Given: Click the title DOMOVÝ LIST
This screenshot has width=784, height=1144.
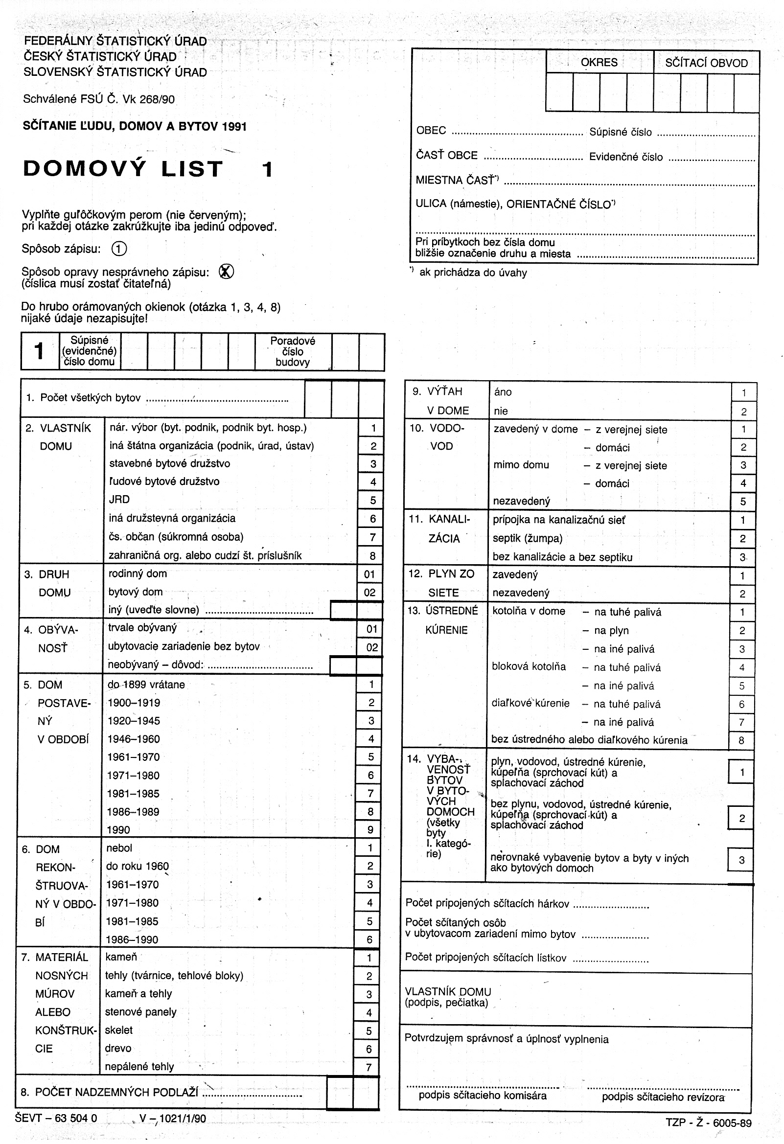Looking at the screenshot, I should coord(123,169).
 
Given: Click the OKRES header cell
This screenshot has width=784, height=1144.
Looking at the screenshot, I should coord(599,63).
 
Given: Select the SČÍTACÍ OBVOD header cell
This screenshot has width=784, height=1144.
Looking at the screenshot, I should coord(706,63).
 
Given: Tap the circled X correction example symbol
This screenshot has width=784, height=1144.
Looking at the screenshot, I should coord(226,271).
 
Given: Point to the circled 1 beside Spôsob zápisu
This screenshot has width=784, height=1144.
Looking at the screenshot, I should coord(119,249).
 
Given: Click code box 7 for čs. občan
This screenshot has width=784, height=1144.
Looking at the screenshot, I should coord(372,537).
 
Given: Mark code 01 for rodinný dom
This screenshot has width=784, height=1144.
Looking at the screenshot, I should coord(369,574).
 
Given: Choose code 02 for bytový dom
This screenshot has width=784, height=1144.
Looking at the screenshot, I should coord(369,592).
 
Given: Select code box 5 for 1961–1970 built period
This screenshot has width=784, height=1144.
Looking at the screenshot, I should coord(371,757).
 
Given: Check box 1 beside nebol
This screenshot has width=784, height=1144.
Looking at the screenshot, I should coord(370,848).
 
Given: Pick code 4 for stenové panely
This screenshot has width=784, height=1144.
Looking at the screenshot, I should coord(369,1012).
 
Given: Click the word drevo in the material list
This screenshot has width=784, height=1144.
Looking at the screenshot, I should coord(118,1049).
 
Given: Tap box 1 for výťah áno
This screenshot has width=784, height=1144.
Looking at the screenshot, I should coord(743,393).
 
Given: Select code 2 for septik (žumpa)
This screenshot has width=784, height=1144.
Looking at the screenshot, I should coord(742,539).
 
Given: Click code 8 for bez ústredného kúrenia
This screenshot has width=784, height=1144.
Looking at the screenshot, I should coord(741,740).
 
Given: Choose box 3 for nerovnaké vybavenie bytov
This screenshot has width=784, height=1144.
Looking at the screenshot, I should coord(741,861).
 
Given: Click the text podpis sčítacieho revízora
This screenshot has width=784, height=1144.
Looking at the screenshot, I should coord(663,1097).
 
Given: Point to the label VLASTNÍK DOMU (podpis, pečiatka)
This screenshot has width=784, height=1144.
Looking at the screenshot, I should coord(448,997).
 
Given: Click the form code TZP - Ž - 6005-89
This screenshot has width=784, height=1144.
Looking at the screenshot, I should coord(708,1123).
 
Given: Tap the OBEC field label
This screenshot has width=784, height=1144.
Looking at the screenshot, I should coord(431,131).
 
